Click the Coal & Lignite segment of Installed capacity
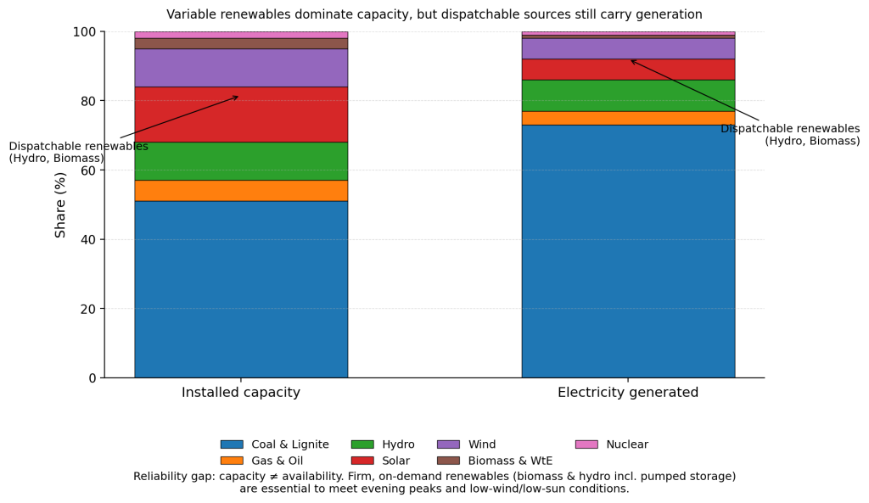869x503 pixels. pyautogui.click(x=241, y=289)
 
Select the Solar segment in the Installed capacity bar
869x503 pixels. pyautogui.click(x=241, y=115)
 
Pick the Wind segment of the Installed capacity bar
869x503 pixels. pyautogui.click(x=241, y=68)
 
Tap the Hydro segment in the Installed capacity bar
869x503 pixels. pyautogui.click(x=241, y=161)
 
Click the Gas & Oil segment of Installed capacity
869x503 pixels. pyautogui.click(x=241, y=191)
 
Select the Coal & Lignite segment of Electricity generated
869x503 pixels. pyautogui.click(x=628, y=251)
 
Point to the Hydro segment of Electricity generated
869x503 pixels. pyautogui.click(x=628, y=96)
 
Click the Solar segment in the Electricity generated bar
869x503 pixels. pyautogui.click(x=628, y=70)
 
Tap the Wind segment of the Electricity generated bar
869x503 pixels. pyautogui.click(x=628, y=48)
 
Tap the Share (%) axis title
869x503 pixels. pyautogui.click(x=60, y=204)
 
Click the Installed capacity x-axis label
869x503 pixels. pyautogui.click(x=241, y=393)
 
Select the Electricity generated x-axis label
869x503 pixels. pyautogui.click(x=628, y=393)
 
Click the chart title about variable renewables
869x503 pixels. pyautogui.click(x=434, y=14)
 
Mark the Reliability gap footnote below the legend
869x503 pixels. pyautogui.click(x=434, y=483)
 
